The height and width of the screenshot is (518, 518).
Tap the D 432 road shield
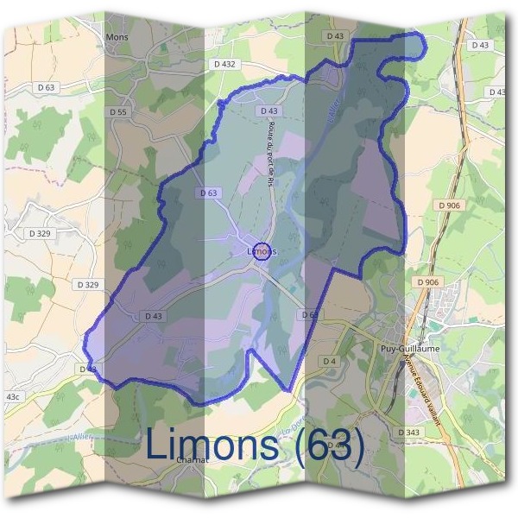tap(223, 64)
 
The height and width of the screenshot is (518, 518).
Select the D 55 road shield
tap(119, 112)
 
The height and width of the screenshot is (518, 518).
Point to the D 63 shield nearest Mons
tap(47, 87)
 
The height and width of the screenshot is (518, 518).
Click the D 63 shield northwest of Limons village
tap(207, 193)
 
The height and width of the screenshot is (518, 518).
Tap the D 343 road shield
tap(408, 431)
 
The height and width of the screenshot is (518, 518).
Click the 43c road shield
tap(13, 396)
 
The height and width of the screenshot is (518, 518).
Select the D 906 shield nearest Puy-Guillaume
tap(427, 282)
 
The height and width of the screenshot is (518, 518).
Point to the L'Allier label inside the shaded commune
tap(332, 112)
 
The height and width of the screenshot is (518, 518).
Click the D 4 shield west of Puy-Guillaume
tap(329, 360)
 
